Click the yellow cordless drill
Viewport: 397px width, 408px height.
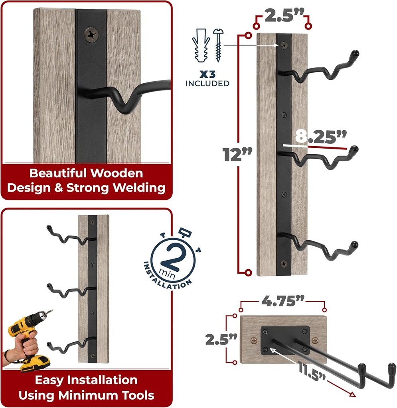click(28, 339)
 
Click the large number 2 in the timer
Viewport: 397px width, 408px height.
click(174, 258)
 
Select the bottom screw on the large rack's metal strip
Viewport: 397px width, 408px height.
click(284, 264)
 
